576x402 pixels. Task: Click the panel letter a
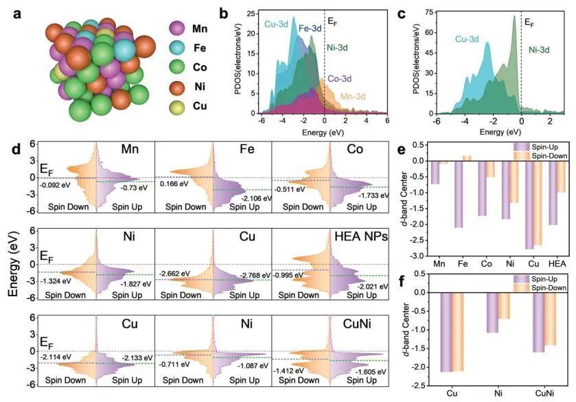click(14, 12)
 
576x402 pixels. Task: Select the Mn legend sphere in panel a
click(177, 29)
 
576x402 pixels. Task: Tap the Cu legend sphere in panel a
click(177, 108)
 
